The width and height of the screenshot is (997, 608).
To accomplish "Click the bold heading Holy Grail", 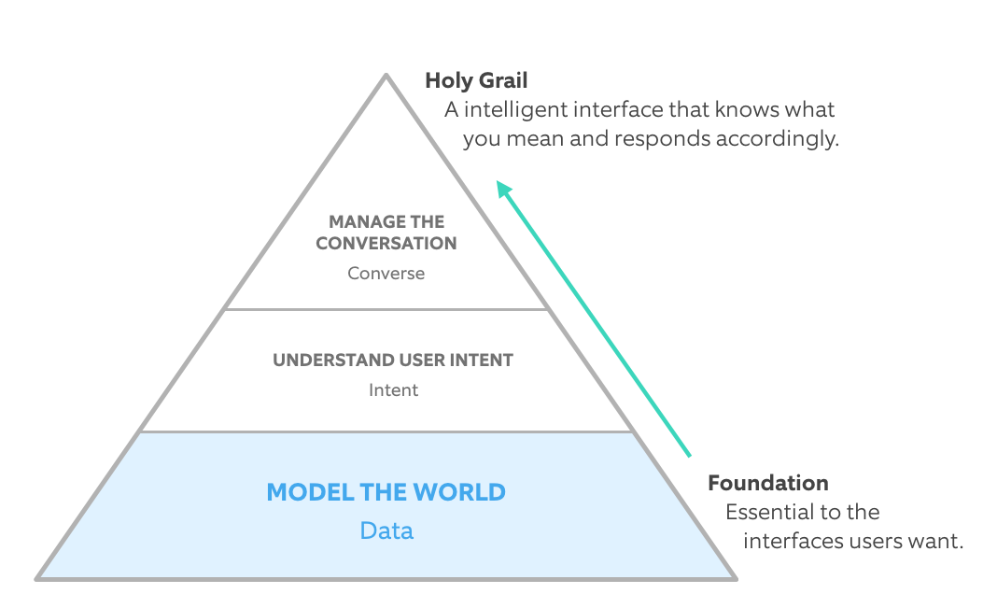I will tap(476, 80).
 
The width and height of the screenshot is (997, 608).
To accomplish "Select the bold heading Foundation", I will tap(767, 483).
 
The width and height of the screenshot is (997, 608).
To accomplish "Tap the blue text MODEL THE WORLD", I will tap(386, 492).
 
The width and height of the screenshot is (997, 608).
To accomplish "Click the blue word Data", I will tap(386, 531).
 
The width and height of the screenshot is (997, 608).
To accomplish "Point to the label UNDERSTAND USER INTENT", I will tap(393, 360).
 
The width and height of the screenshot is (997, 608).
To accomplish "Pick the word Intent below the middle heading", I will tap(393, 389).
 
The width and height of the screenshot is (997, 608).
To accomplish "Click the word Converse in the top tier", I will tap(386, 274).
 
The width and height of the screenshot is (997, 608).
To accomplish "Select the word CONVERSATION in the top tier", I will tap(386, 244).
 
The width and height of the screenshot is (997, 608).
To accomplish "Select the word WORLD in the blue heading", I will tap(460, 492).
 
